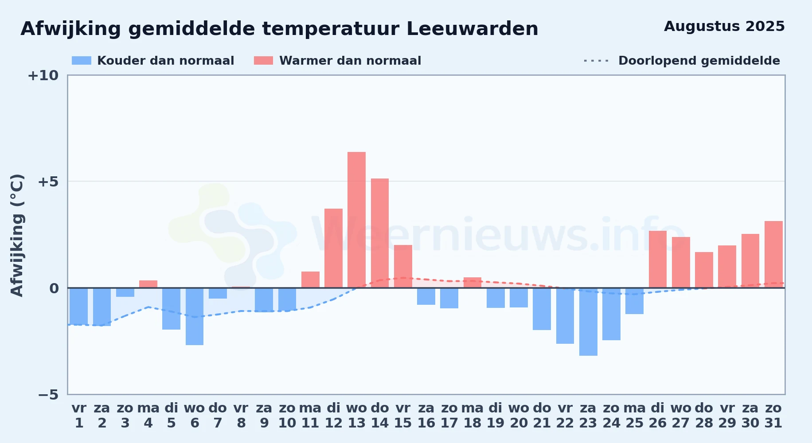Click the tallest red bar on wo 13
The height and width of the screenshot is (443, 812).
click(x=356, y=220)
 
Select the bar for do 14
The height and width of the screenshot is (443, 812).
click(x=380, y=233)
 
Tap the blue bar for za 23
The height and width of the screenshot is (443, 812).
click(x=588, y=322)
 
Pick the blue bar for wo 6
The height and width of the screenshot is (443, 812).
click(x=195, y=316)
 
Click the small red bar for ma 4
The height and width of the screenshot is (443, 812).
click(x=148, y=284)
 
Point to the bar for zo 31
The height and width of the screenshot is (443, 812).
click(x=773, y=254)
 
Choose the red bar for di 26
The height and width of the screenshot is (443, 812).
click(x=658, y=259)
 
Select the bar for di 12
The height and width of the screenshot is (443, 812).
click(x=333, y=248)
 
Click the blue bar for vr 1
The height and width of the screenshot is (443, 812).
click(x=79, y=307)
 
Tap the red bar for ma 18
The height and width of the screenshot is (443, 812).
click(x=472, y=283)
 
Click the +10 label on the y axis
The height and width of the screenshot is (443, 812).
click(x=43, y=76)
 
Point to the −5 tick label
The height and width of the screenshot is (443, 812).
click(x=48, y=395)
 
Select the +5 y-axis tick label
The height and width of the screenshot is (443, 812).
click(x=48, y=182)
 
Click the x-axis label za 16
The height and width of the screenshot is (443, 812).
click(x=426, y=416)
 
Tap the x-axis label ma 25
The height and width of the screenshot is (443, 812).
click(x=634, y=416)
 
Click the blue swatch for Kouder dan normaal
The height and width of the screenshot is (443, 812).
click(x=82, y=61)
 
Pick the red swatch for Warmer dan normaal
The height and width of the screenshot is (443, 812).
click(x=264, y=61)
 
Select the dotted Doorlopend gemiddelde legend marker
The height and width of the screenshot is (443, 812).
click(x=597, y=61)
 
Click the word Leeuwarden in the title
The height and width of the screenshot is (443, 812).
click(x=472, y=29)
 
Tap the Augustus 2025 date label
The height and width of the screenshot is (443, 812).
click(x=724, y=27)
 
